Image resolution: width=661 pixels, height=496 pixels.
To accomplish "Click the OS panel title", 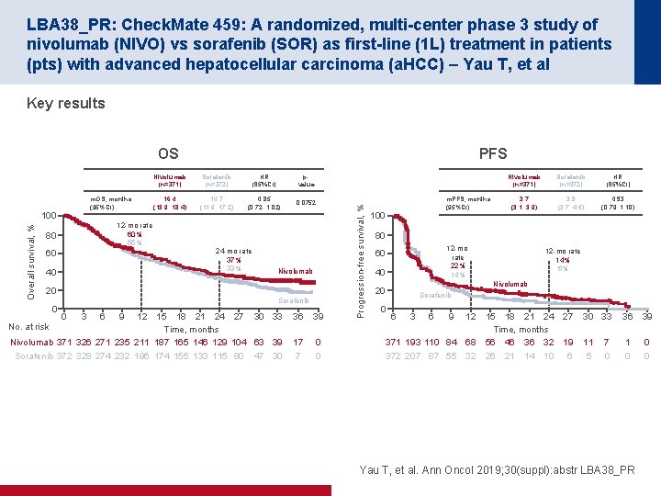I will [168, 153].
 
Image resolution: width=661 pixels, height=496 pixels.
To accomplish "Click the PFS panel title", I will [493, 153].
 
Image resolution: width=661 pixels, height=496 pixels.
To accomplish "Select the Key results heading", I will [66, 103].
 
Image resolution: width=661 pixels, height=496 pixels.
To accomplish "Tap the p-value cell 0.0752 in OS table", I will [306, 202].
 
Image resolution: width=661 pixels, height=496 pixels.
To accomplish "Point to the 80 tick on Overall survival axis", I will [51, 235].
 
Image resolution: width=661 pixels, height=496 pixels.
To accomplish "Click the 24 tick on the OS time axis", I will [219, 317].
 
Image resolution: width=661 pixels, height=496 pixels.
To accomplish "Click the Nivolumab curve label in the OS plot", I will [296, 271].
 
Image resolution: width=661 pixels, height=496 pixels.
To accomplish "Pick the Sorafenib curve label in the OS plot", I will [295, 300].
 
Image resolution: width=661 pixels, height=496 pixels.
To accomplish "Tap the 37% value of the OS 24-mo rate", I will [235, 259].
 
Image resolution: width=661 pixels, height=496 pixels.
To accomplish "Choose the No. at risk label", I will [28, 326].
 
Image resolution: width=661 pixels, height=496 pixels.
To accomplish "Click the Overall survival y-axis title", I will [31, 261].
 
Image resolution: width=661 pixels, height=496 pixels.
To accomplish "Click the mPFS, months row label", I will [467, 198].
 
